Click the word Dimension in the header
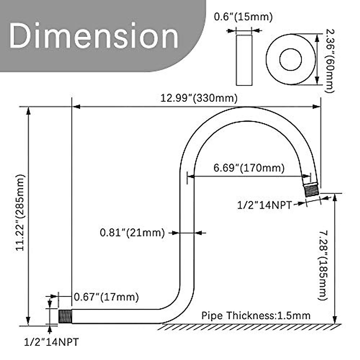tap(94, 36)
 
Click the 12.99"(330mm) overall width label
tap(199, 98)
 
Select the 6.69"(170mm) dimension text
tap(249, 168)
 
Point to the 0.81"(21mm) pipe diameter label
tap(132, 232)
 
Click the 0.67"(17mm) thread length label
tap(106, 297)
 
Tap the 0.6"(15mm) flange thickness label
tap(243, 17)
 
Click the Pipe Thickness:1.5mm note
tap(256, 316)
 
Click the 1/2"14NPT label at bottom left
tap(51, 342)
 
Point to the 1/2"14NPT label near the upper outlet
tap(264, 205)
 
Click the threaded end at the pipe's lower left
tap(64, 316)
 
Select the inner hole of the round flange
tap(290, 59)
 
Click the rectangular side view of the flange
tap(244, 60)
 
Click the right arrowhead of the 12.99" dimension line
tap(317, 106)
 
